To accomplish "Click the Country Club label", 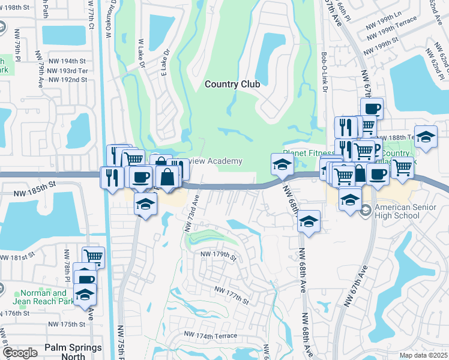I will tap(232, 84).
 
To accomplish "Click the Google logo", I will tap(20, 353).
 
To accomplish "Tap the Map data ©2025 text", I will tap(423, 355).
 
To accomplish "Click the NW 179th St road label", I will tap(219, 255).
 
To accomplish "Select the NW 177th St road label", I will tap(231, 294).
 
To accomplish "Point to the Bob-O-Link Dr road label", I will tap(324, 72).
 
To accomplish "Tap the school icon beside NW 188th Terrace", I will tap(426, 137).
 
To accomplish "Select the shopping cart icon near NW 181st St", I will tap(93, 257).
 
